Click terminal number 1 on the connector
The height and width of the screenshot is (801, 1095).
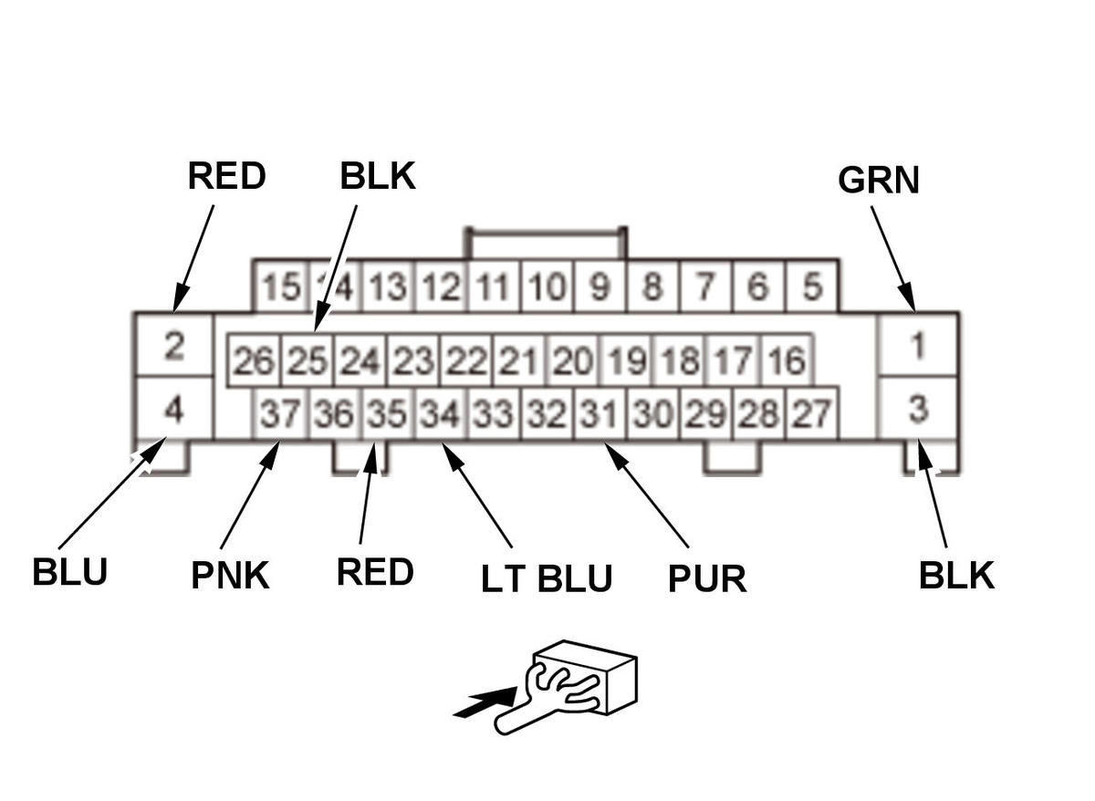click(x=918, y=346)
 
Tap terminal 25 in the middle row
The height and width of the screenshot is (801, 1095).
click(x=307, y=362)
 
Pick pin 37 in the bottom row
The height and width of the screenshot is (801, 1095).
click(x=279, y=415)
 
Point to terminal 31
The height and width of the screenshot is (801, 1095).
click(x=600, y=415)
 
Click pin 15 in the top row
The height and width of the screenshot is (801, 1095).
click(x=280, y=287)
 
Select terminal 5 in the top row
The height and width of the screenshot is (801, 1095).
click(x=811, y=287)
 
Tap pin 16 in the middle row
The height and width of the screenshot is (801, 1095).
click(x=786, y=362)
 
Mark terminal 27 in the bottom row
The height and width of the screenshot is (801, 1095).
click(x=811, y=415)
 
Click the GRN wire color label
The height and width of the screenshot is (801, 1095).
click(x=878, y=181)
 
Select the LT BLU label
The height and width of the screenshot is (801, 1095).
click(x=547, y=578)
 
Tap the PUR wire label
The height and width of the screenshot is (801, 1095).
click(x=707, y=578)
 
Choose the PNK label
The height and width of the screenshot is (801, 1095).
click(x=230, y=576)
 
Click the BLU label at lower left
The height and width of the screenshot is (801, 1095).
click(x=69, y=573)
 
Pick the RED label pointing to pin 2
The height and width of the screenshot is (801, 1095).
click(x=226, y=176)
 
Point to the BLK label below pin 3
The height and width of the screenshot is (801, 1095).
click(x=956, y=576)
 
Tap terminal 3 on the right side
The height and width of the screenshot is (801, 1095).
click(x=918, y=410)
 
